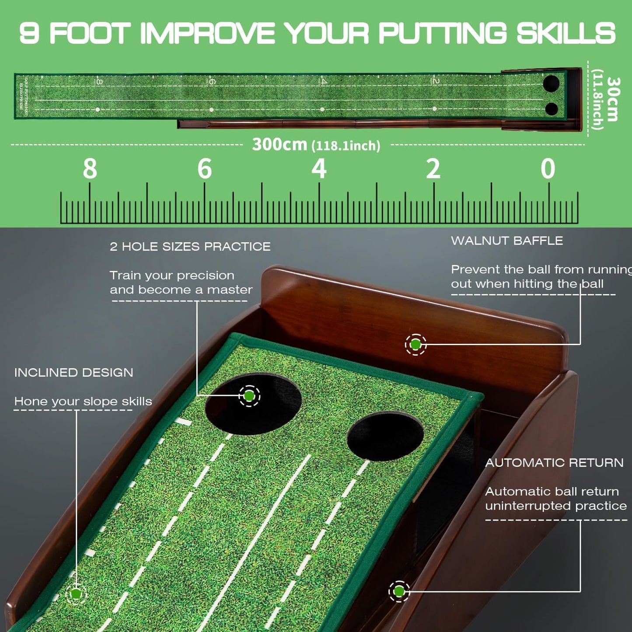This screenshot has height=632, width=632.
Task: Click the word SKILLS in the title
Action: pos(566,33)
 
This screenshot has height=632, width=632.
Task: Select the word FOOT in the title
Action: pos(90,33)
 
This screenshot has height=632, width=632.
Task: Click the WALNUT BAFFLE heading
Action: pos(507,241)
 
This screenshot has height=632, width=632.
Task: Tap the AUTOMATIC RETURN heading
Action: pos(554,463)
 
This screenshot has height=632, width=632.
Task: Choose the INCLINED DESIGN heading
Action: pos(73,373)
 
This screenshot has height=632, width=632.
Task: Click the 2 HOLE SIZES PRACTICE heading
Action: pos(190,247)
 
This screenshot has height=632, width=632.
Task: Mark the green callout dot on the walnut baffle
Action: pos(416,345)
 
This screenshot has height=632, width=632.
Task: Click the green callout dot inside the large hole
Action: pos(249,396)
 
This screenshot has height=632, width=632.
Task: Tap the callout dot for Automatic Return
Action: pos(399,592)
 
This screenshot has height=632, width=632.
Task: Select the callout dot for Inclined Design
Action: pos(76,594)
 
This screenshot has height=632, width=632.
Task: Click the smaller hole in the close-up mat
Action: pos(385,436)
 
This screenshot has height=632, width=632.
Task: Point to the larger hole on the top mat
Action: pos(551,83)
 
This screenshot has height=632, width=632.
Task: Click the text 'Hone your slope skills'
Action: pos(83,402)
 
